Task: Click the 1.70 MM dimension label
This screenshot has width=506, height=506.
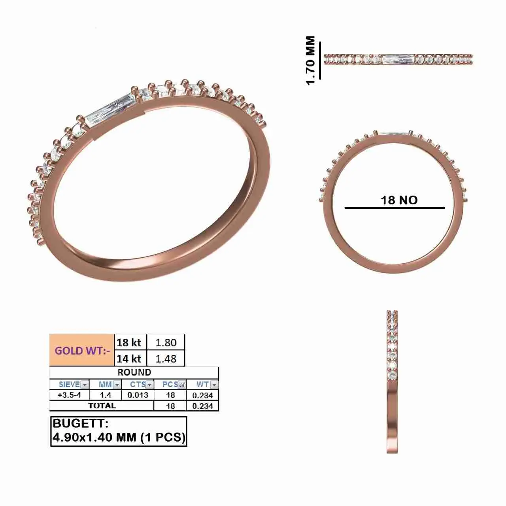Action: coord(311,60)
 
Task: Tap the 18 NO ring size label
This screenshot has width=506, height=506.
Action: coord(399,200)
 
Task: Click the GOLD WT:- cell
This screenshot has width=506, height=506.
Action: coord(82,350)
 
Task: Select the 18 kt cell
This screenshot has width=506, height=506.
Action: coord(129,342)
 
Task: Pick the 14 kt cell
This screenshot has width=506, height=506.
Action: coord(129,359)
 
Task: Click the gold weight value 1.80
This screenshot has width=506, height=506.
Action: coord(166,342)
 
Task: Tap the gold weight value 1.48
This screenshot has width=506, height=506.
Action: coord(166,359)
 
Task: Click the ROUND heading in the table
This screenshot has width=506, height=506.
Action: coord(134,372)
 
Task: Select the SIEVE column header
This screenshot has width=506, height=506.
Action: coord(69,384)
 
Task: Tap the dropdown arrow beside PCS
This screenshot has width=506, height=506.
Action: coord(182,385)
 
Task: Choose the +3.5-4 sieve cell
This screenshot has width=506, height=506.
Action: coord(69,395)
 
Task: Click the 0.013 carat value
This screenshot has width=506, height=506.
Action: coord(138,395)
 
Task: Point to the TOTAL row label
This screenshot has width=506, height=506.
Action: coord(102,406)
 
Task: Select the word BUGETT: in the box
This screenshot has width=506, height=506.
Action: coord(80,423)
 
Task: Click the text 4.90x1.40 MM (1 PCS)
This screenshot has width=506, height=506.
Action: coord(119,437)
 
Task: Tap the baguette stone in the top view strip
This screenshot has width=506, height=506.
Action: coord(398,60)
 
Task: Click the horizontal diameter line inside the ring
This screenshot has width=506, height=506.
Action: coord(395,208)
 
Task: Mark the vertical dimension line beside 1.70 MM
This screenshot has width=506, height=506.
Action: coord(319,60)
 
